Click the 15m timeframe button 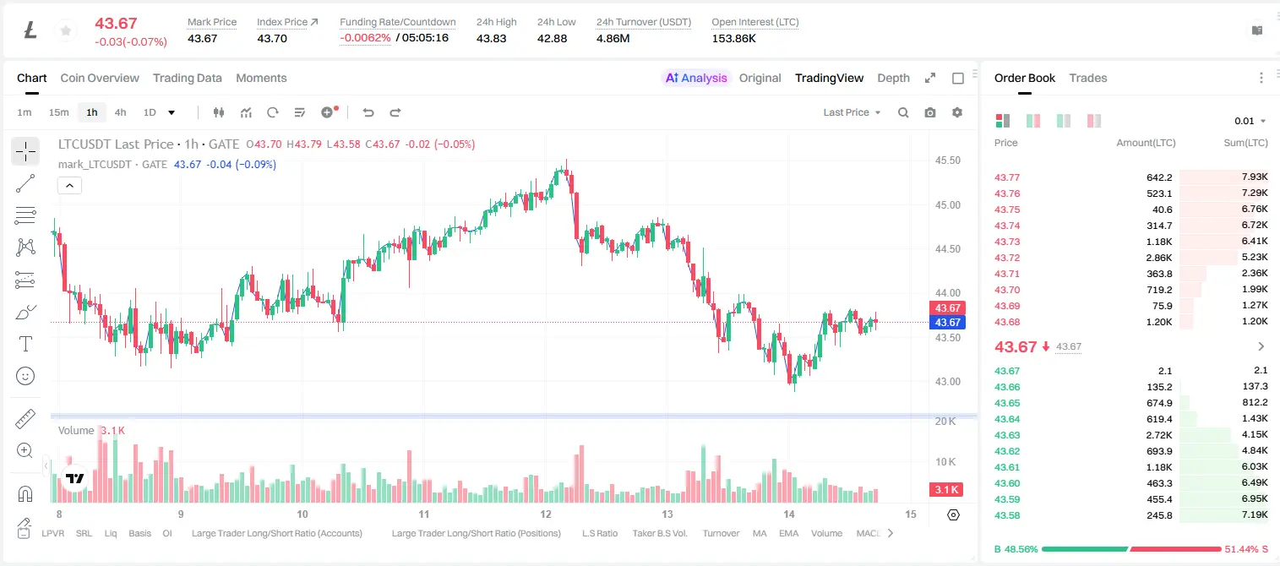(x=58, y=112)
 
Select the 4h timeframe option (x=120, y=112)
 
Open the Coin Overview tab (x=100, y=78)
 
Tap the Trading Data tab (x=187, y=78)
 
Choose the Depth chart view (x=893, y=78)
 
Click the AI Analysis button (x=695, y=78)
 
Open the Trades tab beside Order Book (x=1087, y=78)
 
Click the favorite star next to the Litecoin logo (x=66, y=30)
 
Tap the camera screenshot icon (x=929, y=112)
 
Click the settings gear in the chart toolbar (x=957, y=112)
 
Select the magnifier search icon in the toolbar (x=903, y=112)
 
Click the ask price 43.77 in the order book (x=1007, y=177)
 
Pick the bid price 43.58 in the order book (x=1007, y=515)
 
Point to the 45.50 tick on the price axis (x=947, y=161)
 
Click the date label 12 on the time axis (x=546, y=514)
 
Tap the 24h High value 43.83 (x=492, y=38)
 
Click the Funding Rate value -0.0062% (x=365, y=38)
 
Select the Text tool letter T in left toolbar (x=25, y=344)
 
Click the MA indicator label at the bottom (x=760, y=533)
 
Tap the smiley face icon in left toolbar (x=25, y=376)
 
